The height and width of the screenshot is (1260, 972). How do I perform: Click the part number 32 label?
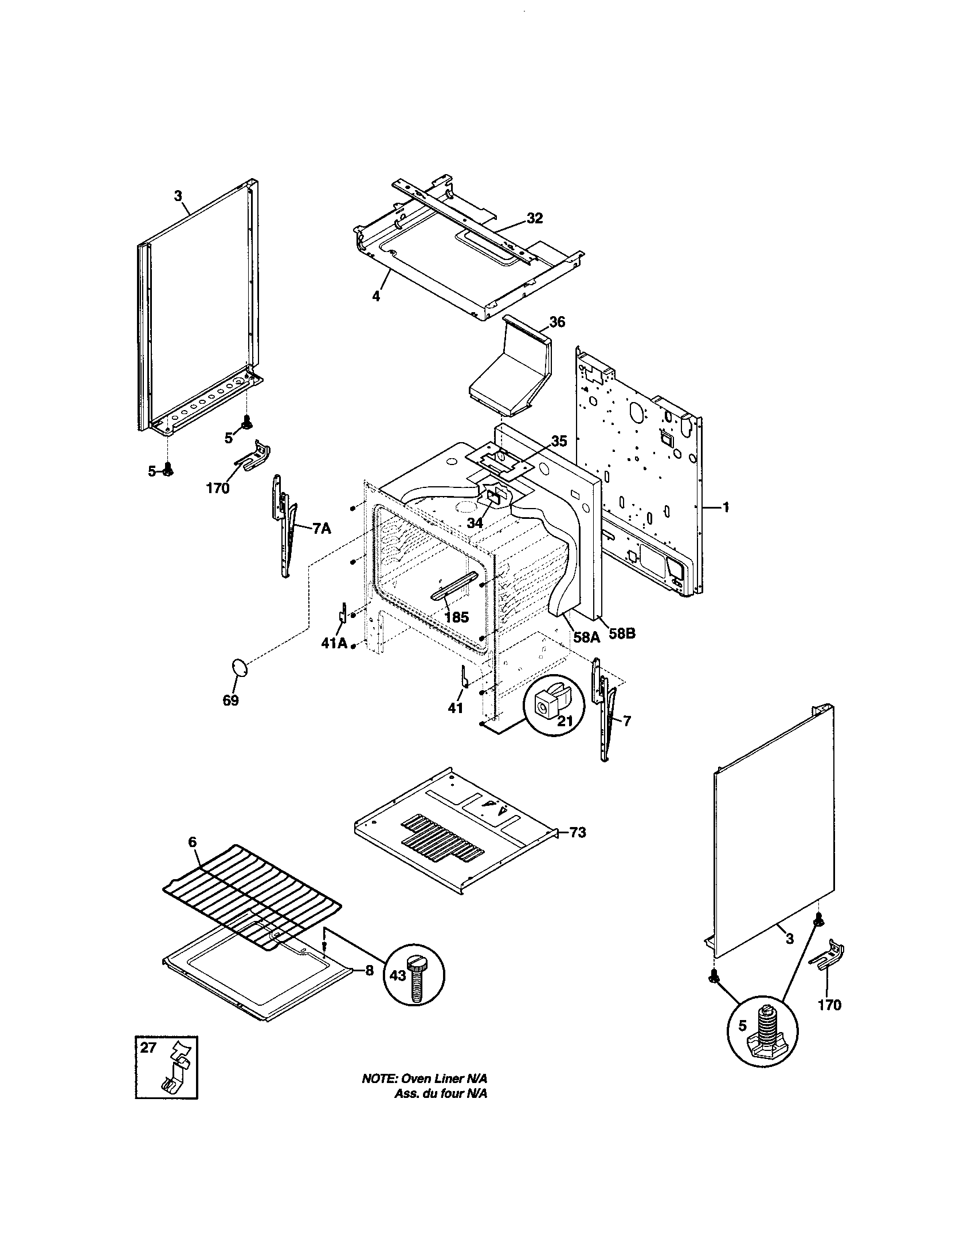pos(535,218)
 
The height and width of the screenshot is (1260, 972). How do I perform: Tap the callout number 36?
pos(557,322)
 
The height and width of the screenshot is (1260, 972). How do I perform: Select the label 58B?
pos(622,633)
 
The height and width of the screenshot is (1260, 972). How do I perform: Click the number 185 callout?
pos(457,617)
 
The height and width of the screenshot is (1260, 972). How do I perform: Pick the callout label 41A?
pos(334,644)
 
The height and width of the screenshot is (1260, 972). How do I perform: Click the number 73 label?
pos(578,833)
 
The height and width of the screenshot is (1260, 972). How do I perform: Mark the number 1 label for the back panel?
pos(726,507)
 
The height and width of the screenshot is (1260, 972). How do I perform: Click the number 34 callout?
pos(475,523)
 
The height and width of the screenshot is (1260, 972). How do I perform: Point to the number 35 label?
pos(558,442)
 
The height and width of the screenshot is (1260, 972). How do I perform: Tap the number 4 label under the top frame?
pos(376,297)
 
